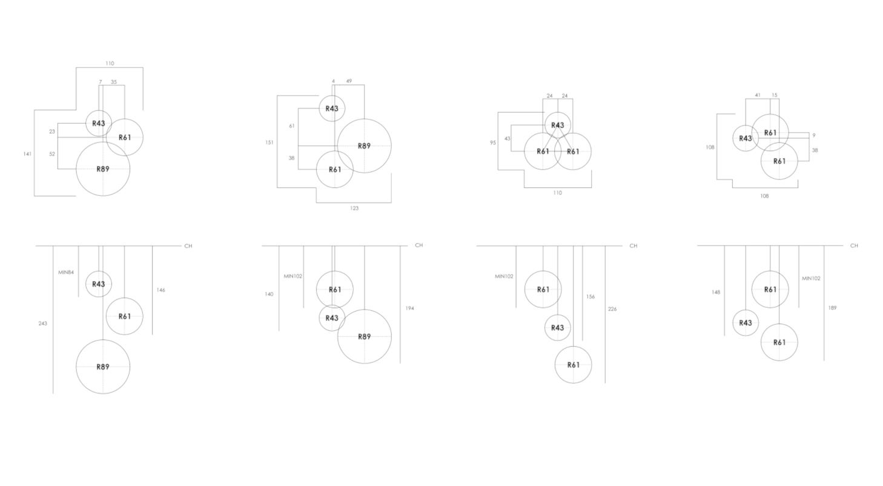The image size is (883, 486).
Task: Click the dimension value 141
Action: pyautogui.click(x=27, y=154)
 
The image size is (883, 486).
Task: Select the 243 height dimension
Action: pyautogui.click(x=42, y=324)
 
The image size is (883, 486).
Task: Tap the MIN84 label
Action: pyautogui.click(x=66, y=272)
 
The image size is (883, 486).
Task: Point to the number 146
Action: pyautogui.click(x=161, y=290)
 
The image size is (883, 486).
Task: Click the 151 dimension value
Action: pyautogui.click(x=270, y=142)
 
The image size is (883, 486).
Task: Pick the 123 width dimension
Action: pyautogui.click(x=354, y=208)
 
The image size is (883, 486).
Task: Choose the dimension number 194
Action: pyautogui.click(x=410, y=308)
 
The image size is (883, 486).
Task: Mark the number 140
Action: pyautogui.click(x=269, y=294)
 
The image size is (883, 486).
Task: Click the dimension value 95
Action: pyautogui.click(x=493, y=143)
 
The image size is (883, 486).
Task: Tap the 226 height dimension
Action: pyautogui.click(x=612, y=309)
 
